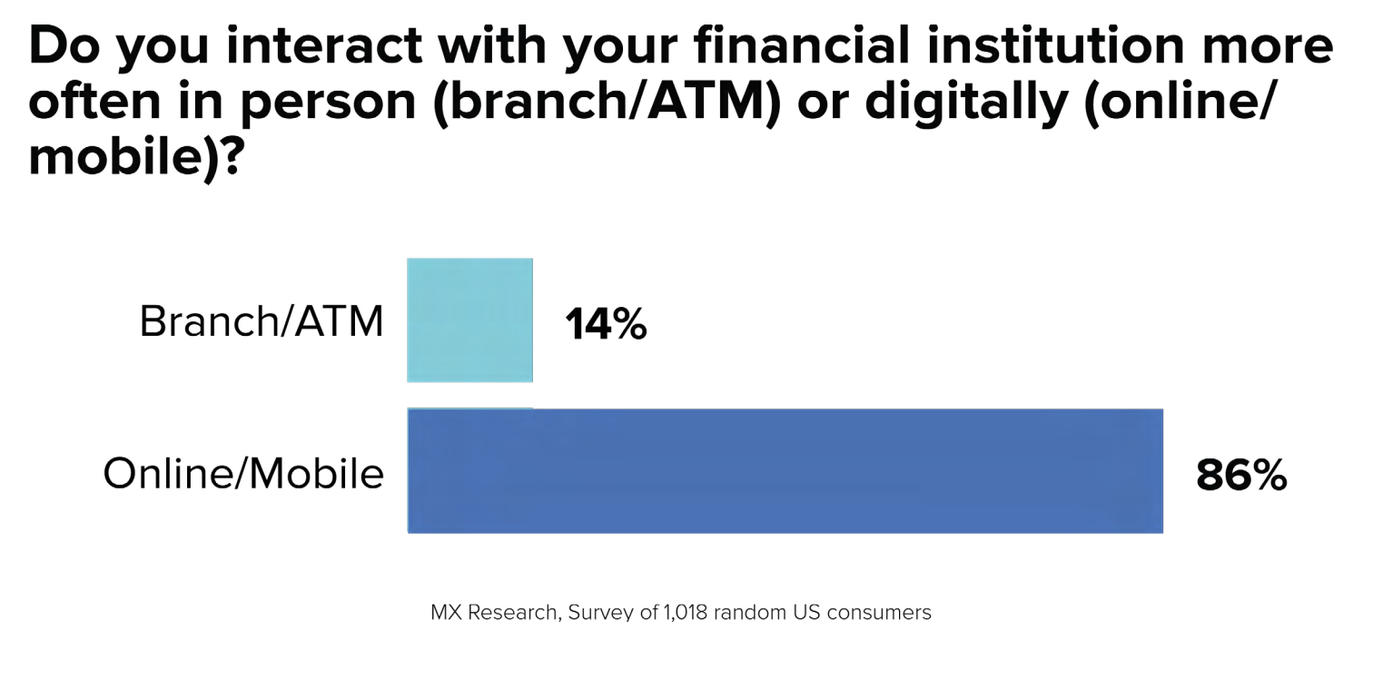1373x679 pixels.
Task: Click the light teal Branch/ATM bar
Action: coord(469,320)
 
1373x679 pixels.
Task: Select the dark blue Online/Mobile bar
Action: coord(785,470)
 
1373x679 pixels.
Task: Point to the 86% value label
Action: coord(1241,476)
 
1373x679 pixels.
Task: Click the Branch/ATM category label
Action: coord(262,321)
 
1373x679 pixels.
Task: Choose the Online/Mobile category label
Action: coord(243,474)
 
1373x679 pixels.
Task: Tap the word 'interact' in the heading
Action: coord(325,45)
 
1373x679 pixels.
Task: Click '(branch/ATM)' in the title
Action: coord(607,103)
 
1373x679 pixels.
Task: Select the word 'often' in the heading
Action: coord(95,101)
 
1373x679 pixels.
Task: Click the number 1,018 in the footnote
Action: coord(686,612)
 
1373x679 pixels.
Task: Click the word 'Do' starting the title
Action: coord(64,45)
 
